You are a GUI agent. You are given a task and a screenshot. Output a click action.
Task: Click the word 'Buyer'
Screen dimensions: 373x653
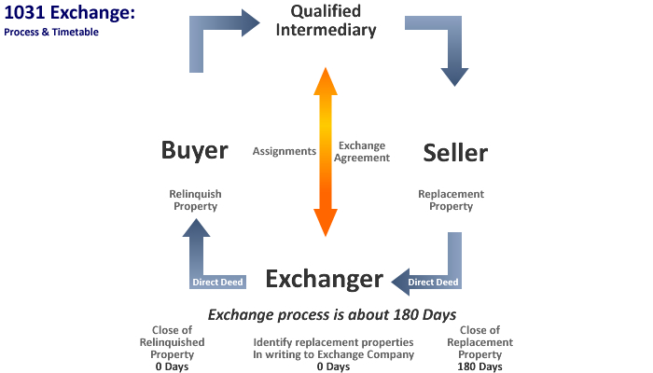click(194, 151)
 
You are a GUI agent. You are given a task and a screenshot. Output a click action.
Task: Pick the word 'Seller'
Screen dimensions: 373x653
click(455, 152)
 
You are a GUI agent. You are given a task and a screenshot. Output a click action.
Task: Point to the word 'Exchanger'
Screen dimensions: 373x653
click(324, 278)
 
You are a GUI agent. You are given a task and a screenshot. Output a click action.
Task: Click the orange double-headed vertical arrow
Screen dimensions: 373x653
click(325, 151)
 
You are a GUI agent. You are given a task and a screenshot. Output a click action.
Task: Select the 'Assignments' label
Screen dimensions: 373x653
click(285, 151)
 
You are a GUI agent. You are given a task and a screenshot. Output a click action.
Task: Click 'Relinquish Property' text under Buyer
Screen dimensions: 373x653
click(194, 200)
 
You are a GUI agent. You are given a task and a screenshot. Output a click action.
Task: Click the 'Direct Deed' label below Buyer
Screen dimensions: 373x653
click(217, 282)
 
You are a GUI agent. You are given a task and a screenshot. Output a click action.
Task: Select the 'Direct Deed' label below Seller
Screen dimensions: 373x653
click(434, 282)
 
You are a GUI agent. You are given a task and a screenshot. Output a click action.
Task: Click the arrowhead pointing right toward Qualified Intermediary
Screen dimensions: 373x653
click(249, 21)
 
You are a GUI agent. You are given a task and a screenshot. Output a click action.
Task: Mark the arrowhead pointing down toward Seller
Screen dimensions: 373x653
click(454, 75)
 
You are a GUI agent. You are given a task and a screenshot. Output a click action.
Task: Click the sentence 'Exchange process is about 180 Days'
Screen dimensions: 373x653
click(325, 313)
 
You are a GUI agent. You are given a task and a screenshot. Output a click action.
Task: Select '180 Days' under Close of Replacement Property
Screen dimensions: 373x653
click(480, 366)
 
